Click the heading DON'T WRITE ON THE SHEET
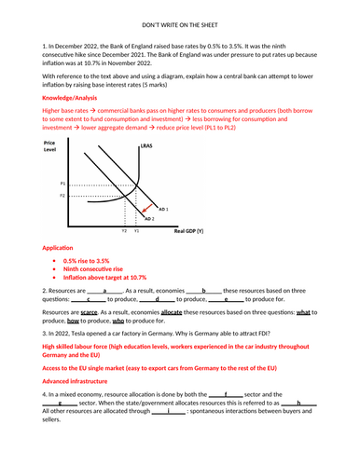(179, 31)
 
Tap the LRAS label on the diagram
(145, 148)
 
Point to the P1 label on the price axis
(62, 184)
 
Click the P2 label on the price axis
(62, 197)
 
